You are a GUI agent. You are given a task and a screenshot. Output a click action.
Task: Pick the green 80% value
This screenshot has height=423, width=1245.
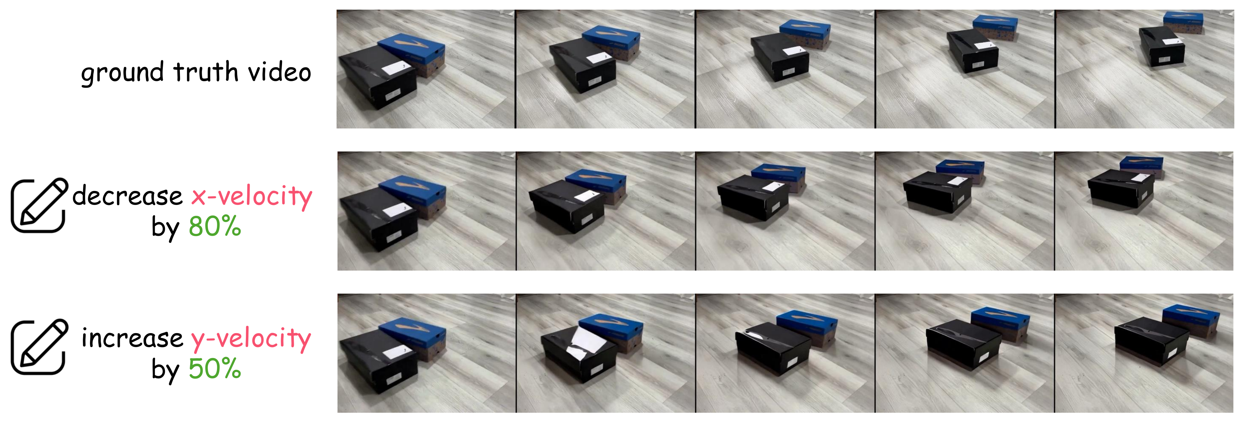point(214,226)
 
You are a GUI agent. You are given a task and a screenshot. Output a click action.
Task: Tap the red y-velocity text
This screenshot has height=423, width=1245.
point(251,339)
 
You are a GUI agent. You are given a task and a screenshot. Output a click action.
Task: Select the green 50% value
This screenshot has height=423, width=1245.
point(214,369)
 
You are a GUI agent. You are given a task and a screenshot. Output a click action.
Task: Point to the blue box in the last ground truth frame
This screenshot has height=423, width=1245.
point(1183,22)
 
